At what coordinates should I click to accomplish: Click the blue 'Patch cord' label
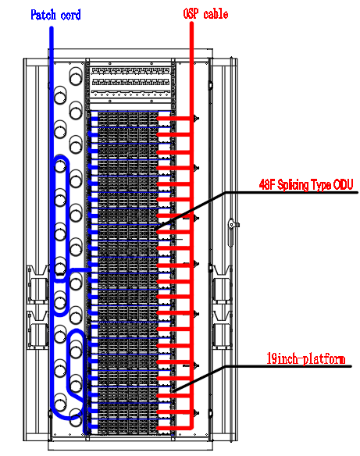(x=55, y=15)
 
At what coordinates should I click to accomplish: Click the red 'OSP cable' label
(x=205, y=14)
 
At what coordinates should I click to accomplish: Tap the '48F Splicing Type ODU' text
(x=306, y=185)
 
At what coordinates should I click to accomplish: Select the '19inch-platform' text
(x=306, y=358)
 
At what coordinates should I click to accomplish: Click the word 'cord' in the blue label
(x=70, y=15)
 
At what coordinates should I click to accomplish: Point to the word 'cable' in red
(x=216, y=14)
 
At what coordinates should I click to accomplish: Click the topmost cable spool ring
(x=76, y=77)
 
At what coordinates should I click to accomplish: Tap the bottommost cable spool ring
(x=76, y=418)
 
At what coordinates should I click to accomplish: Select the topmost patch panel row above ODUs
(x=130, y=71)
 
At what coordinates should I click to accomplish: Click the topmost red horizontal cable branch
(x=174, y=119)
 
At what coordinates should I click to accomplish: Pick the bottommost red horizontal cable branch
(x=174, y=428)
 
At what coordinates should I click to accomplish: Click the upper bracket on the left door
(x=37, y=284)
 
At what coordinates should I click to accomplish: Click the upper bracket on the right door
(x=223, y=284)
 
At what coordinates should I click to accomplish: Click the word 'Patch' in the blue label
(x=43, y=15)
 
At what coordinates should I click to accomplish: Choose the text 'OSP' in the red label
(x=191, y=14)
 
